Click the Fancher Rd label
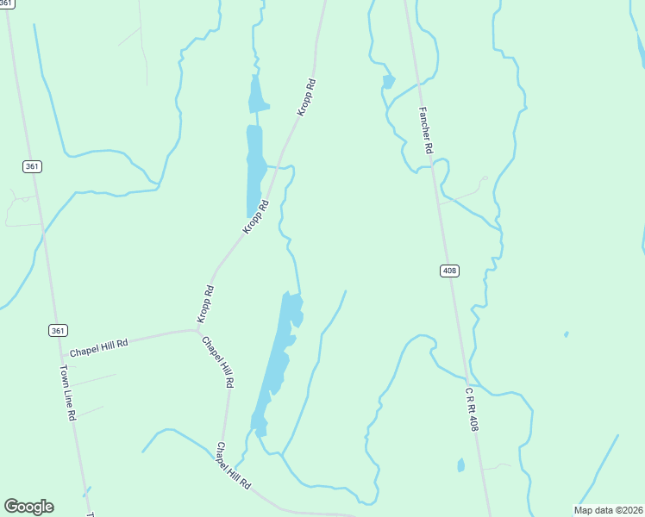tap(425, 129)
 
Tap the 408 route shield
tap(449, 271)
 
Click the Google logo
tap(28, 507)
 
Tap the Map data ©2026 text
tap(608, 510)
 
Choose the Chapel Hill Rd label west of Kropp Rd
tap(98, 348)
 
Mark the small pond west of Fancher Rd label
tap(389, 82)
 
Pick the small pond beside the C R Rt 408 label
tap(460, 465)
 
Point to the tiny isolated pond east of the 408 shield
tap(566, 334)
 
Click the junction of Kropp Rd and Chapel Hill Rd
tap(197, 329)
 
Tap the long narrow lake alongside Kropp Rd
tap(255, 164)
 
